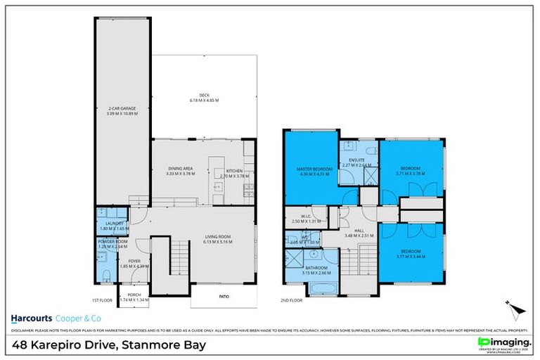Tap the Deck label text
click(x=205, y=96)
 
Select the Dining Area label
click(x=181, y=168)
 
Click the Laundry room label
click(x=110, y=223)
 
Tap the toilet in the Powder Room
click(x=104, y=274)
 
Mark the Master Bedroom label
click(x=309, y=169)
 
